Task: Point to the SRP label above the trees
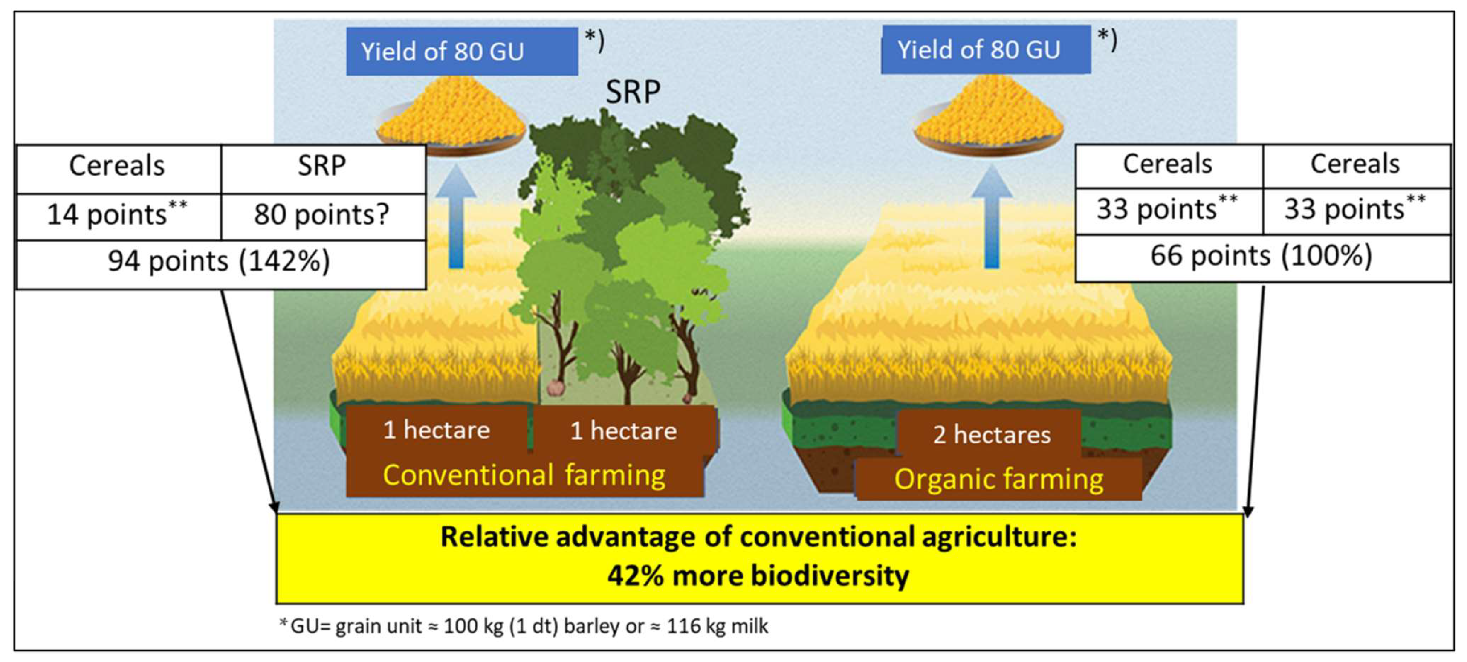point(633,92)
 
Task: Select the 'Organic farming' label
point(998,480)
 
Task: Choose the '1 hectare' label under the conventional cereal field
point(437,431)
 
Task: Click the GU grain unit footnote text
point(524,627)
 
